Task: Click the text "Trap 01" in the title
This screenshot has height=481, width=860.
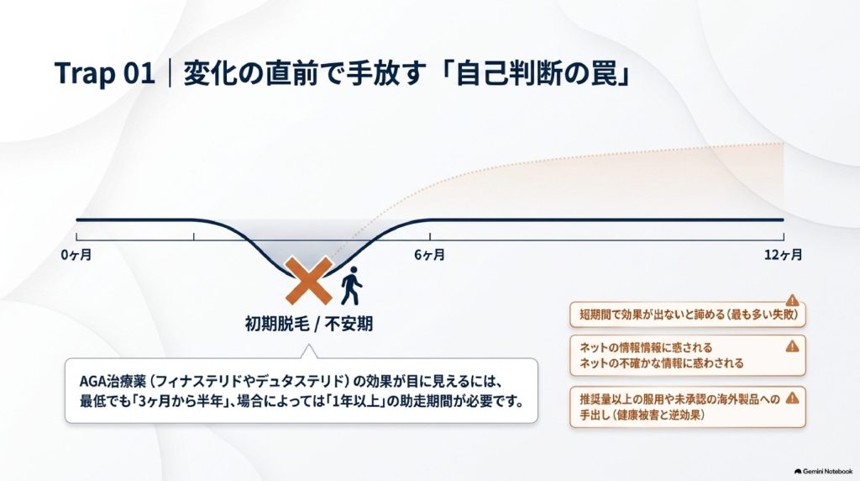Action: (x=104, y=73)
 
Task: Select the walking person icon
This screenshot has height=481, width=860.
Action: (x=351, y=286)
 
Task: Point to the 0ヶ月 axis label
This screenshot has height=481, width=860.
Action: (x=76, y=255)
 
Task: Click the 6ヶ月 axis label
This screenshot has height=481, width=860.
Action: (x=429, y=255)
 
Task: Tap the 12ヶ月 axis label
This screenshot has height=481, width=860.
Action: (x=784, y=255)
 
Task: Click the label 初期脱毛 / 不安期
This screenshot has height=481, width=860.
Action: (x=309, y=324)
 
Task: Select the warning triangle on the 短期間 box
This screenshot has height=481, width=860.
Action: (x=792, y=300)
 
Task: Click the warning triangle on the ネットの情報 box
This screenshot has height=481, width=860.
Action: (x=792, y=346)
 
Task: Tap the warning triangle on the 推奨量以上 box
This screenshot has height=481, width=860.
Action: (x=792, y=398)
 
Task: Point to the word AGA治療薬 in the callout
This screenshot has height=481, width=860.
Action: (x=113, y=381)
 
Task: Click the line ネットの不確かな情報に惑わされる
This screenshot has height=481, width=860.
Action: (x=662, y=363)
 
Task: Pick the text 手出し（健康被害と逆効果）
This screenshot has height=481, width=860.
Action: (x=642, y=415)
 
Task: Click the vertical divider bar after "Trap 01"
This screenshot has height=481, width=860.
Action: (x=170, y=73)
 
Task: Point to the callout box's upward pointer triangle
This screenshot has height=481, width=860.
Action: (x=308, y=352)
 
